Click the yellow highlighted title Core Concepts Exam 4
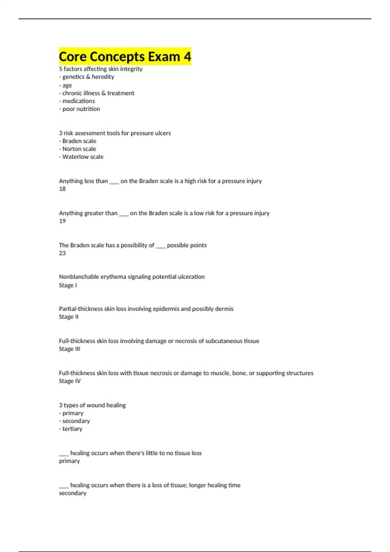[125, 56]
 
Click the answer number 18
[62, 189]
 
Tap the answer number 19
[62, 221]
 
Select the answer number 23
[62, 253]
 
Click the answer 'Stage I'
[68, 285]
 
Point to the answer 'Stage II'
[69, 317]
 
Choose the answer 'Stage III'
[70, 349]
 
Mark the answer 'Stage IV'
[70, 381]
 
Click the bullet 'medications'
[78, 101]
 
